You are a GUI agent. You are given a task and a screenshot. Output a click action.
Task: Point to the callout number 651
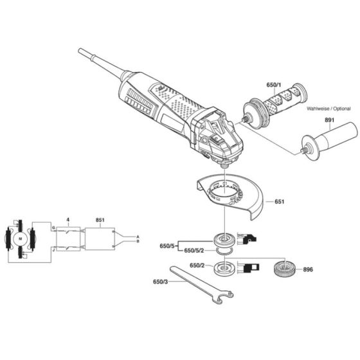[278, 202]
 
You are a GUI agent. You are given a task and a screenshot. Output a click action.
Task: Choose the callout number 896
[309, 270]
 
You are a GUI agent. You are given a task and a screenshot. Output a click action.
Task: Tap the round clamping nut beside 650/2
[223, 267]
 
